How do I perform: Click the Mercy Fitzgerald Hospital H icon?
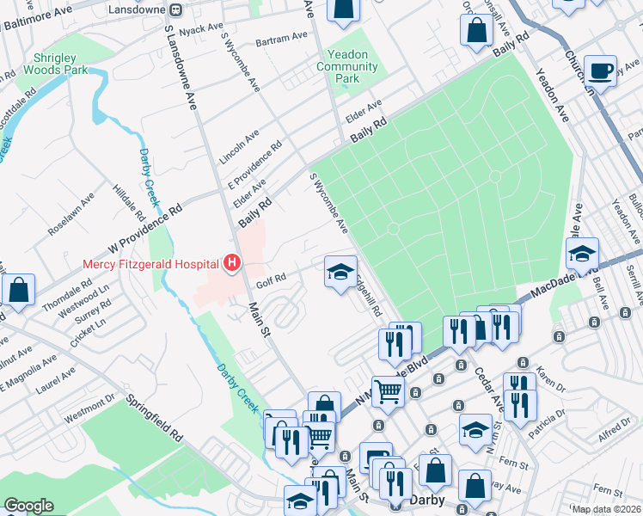(230, 263)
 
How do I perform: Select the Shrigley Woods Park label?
(56, 62)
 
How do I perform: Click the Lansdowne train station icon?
(175, 9)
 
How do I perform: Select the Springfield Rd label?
(155, 417)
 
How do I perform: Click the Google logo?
(28, 506)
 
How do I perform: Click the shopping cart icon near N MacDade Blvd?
(389, 391)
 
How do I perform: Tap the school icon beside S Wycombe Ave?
(340, 271)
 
